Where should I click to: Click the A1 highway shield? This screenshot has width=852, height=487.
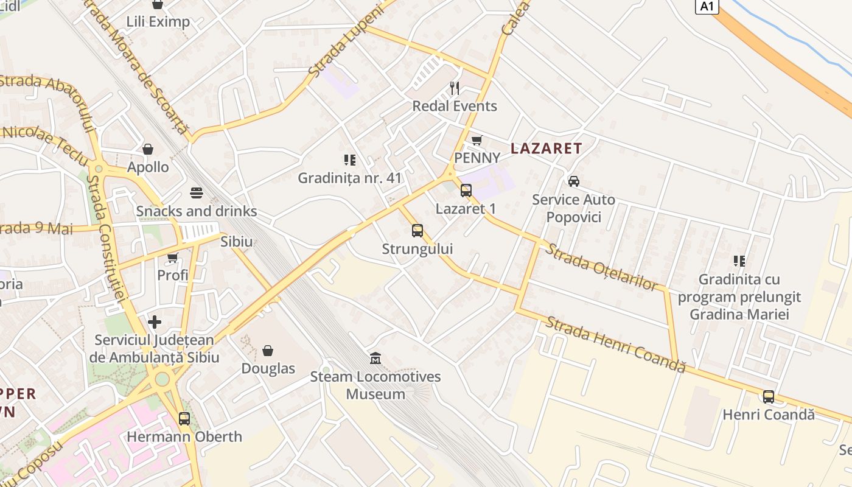707,6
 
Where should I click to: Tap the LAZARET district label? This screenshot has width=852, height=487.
546,148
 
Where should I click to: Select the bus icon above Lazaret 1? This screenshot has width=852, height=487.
466,191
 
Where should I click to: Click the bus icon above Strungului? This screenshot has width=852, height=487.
417,231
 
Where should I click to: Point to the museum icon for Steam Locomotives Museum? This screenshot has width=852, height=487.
375,358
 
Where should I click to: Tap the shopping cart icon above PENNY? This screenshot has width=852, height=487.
477,140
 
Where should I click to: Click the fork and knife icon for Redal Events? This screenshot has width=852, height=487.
454,88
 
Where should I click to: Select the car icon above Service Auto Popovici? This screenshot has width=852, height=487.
573,181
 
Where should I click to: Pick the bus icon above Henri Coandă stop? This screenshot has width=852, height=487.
768,397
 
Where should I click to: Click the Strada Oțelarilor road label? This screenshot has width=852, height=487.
601,267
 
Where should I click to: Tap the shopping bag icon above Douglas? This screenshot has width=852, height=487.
268,351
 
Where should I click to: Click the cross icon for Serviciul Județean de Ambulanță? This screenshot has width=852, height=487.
155,321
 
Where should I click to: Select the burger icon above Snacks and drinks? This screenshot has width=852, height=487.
196,193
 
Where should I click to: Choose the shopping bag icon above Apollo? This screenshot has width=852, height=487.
148,149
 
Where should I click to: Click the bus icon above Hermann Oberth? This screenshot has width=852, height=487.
184,419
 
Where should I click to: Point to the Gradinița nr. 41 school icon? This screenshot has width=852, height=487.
349,160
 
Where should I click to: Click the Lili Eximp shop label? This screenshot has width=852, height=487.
158,22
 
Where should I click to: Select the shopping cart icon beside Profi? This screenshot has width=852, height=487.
172,258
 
